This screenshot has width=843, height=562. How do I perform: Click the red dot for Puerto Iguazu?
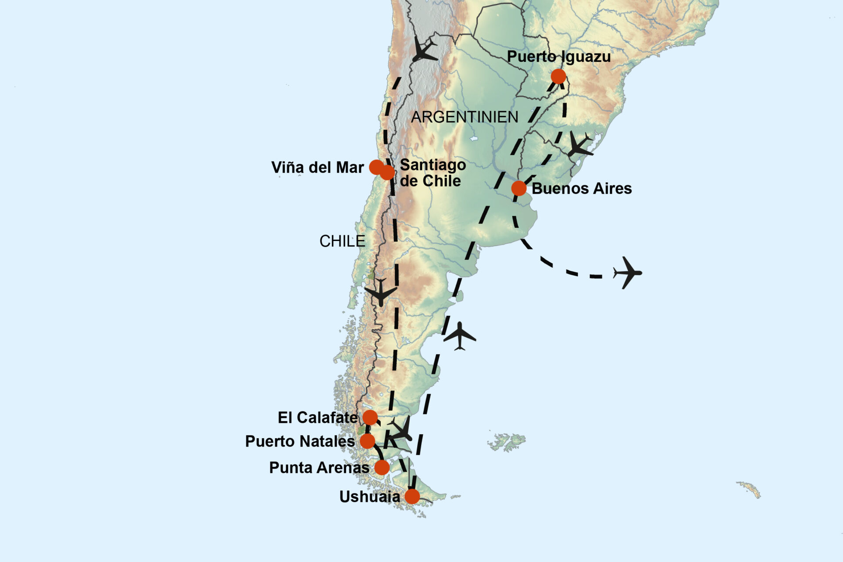[x=558, y=76]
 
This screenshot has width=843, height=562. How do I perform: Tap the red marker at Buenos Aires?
[x=519, y=188]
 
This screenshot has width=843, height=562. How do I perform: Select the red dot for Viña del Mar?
[x=376, y=167]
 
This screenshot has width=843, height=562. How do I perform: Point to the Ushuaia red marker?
[x=412, y=497]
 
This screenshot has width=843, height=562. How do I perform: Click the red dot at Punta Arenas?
[x=382, y=467]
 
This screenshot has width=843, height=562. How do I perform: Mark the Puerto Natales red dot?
[x=367, y=441]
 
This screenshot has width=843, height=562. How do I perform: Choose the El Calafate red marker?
[x=370, y=417]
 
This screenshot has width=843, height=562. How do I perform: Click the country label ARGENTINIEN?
[x=465, y=117]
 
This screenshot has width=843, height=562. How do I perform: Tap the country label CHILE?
[x=342, y=241]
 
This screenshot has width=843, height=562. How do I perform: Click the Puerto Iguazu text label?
[x=558, y=57]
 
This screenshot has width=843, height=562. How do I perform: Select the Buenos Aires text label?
[x=582, y=188]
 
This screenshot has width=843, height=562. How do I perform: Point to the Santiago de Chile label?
[x=432, y=173]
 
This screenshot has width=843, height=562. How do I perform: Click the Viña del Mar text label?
[x=317, y=167]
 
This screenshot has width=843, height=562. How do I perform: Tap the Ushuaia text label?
[x=369, y=497]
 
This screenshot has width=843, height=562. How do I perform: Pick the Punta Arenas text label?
[x=319, y=468]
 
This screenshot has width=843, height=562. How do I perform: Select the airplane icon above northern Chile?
[x=424, y=49]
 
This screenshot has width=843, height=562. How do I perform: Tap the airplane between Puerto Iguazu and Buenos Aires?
[x=580, y=145]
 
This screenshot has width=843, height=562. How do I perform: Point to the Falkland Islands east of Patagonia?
[x=507, y=441]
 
